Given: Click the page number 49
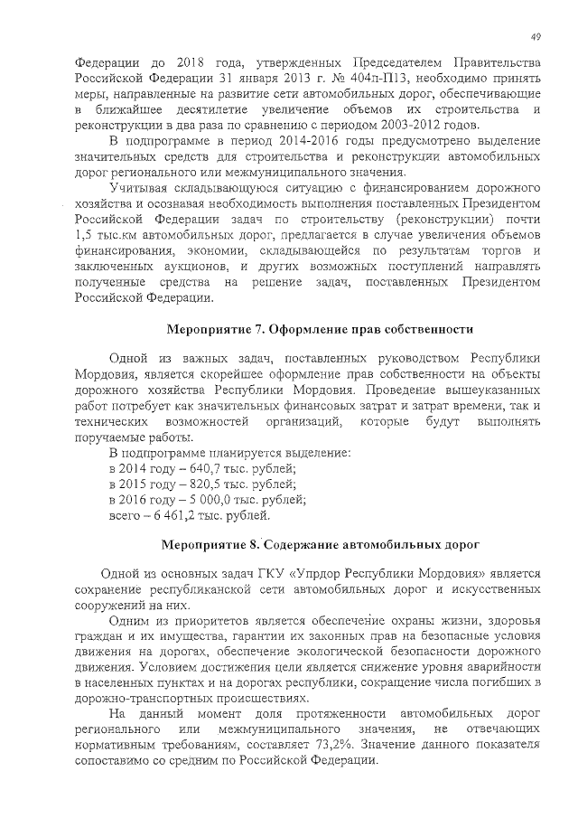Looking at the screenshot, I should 536,36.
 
